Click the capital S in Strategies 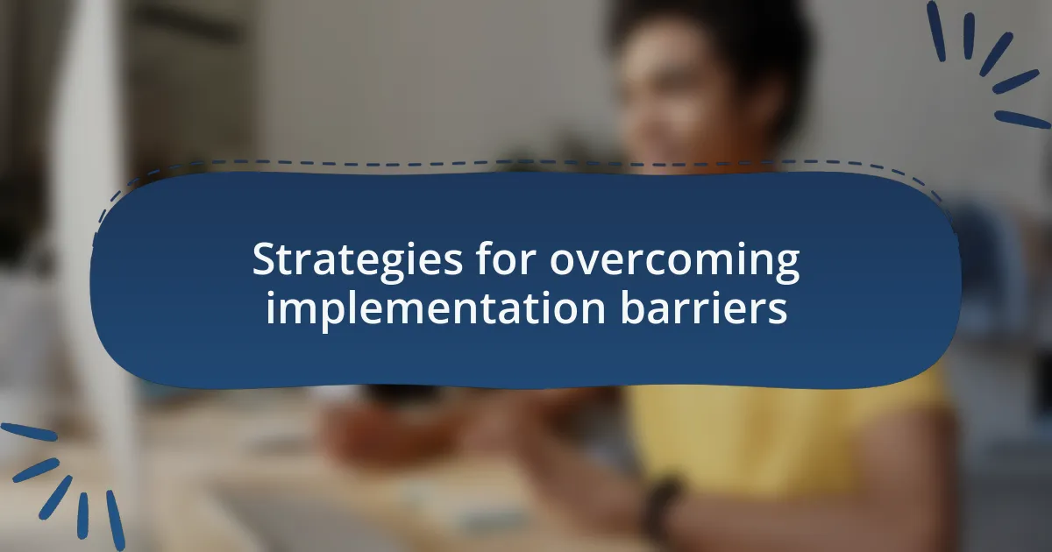click(x=264, y=261)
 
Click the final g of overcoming click(x=786, y=266)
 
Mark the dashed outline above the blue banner click(x=526, y=164)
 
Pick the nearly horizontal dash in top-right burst click(x=1022, y=119)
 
